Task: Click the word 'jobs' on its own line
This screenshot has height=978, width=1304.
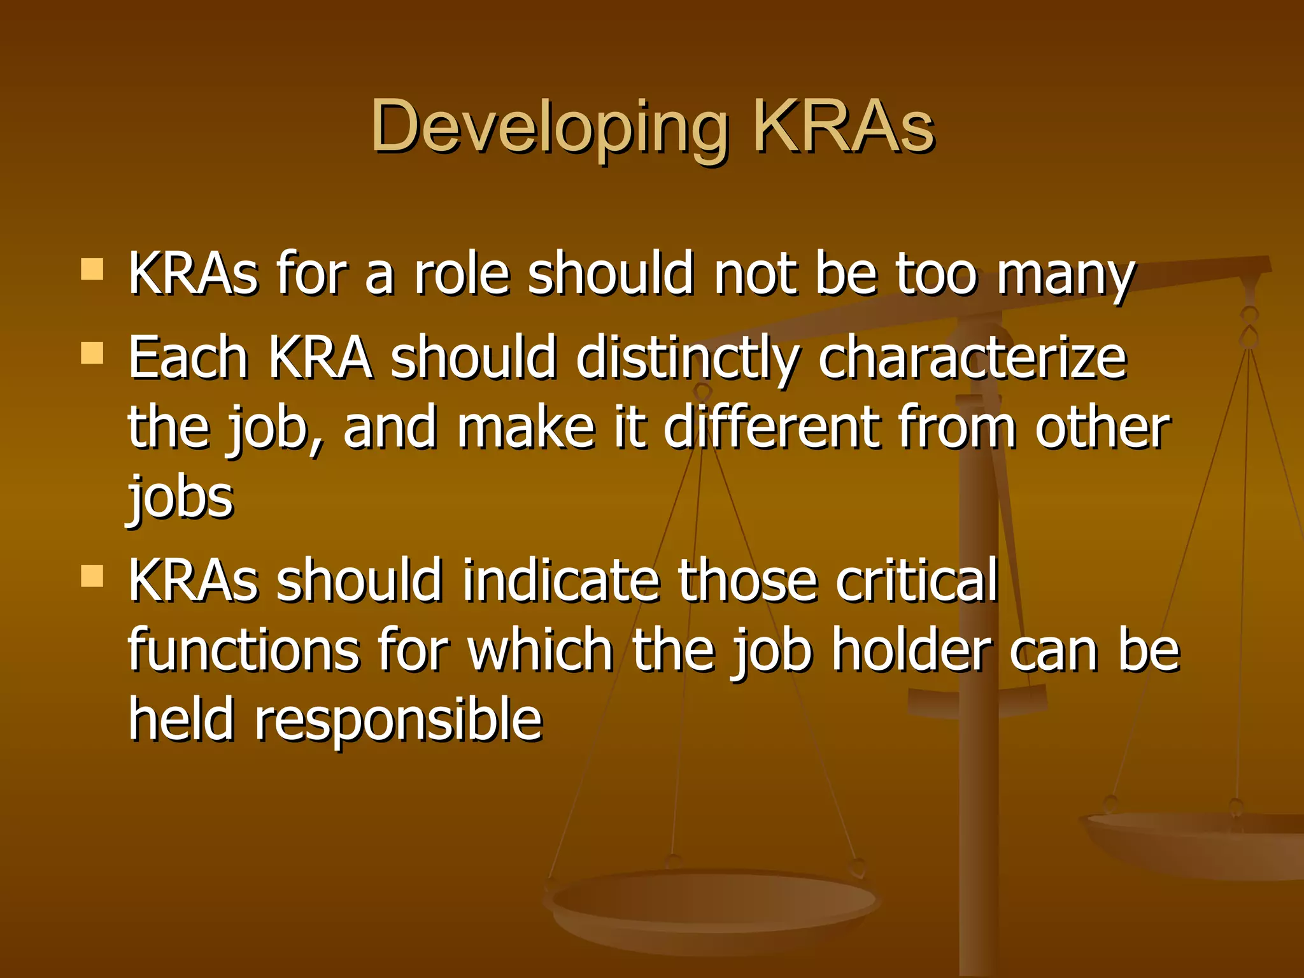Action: coord(181,497)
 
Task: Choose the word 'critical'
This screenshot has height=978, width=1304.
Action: coord(917,579)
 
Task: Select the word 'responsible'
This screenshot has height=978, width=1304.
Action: coord(399,719)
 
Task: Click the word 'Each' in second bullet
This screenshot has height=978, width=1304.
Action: coord(188,358)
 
